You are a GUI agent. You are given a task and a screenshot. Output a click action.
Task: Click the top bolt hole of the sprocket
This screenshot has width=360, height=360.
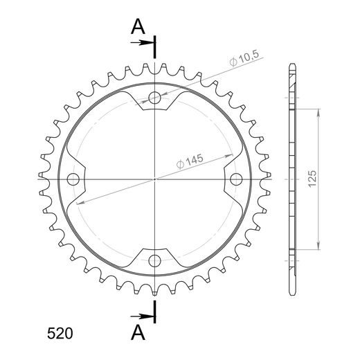(154, 98)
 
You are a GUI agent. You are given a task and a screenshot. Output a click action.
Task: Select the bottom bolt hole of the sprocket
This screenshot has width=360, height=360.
(154, 261)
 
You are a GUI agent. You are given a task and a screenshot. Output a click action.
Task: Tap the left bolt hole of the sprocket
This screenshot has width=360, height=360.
(73, 179)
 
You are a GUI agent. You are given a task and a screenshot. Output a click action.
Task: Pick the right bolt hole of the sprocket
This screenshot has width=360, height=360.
(236, 179)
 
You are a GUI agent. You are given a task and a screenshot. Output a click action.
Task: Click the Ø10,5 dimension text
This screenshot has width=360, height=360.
(244, 58)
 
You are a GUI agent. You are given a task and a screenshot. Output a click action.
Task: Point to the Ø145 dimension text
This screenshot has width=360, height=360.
(190, 161)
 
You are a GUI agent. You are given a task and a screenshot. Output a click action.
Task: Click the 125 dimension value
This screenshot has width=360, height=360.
(312, 179)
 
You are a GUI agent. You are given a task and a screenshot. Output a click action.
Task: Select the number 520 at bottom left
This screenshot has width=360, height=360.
(60, 334)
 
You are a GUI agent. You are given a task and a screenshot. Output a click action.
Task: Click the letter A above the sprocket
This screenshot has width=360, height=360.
(138, 26)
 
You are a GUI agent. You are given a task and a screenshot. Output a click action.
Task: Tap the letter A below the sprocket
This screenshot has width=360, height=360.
(138, 332)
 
